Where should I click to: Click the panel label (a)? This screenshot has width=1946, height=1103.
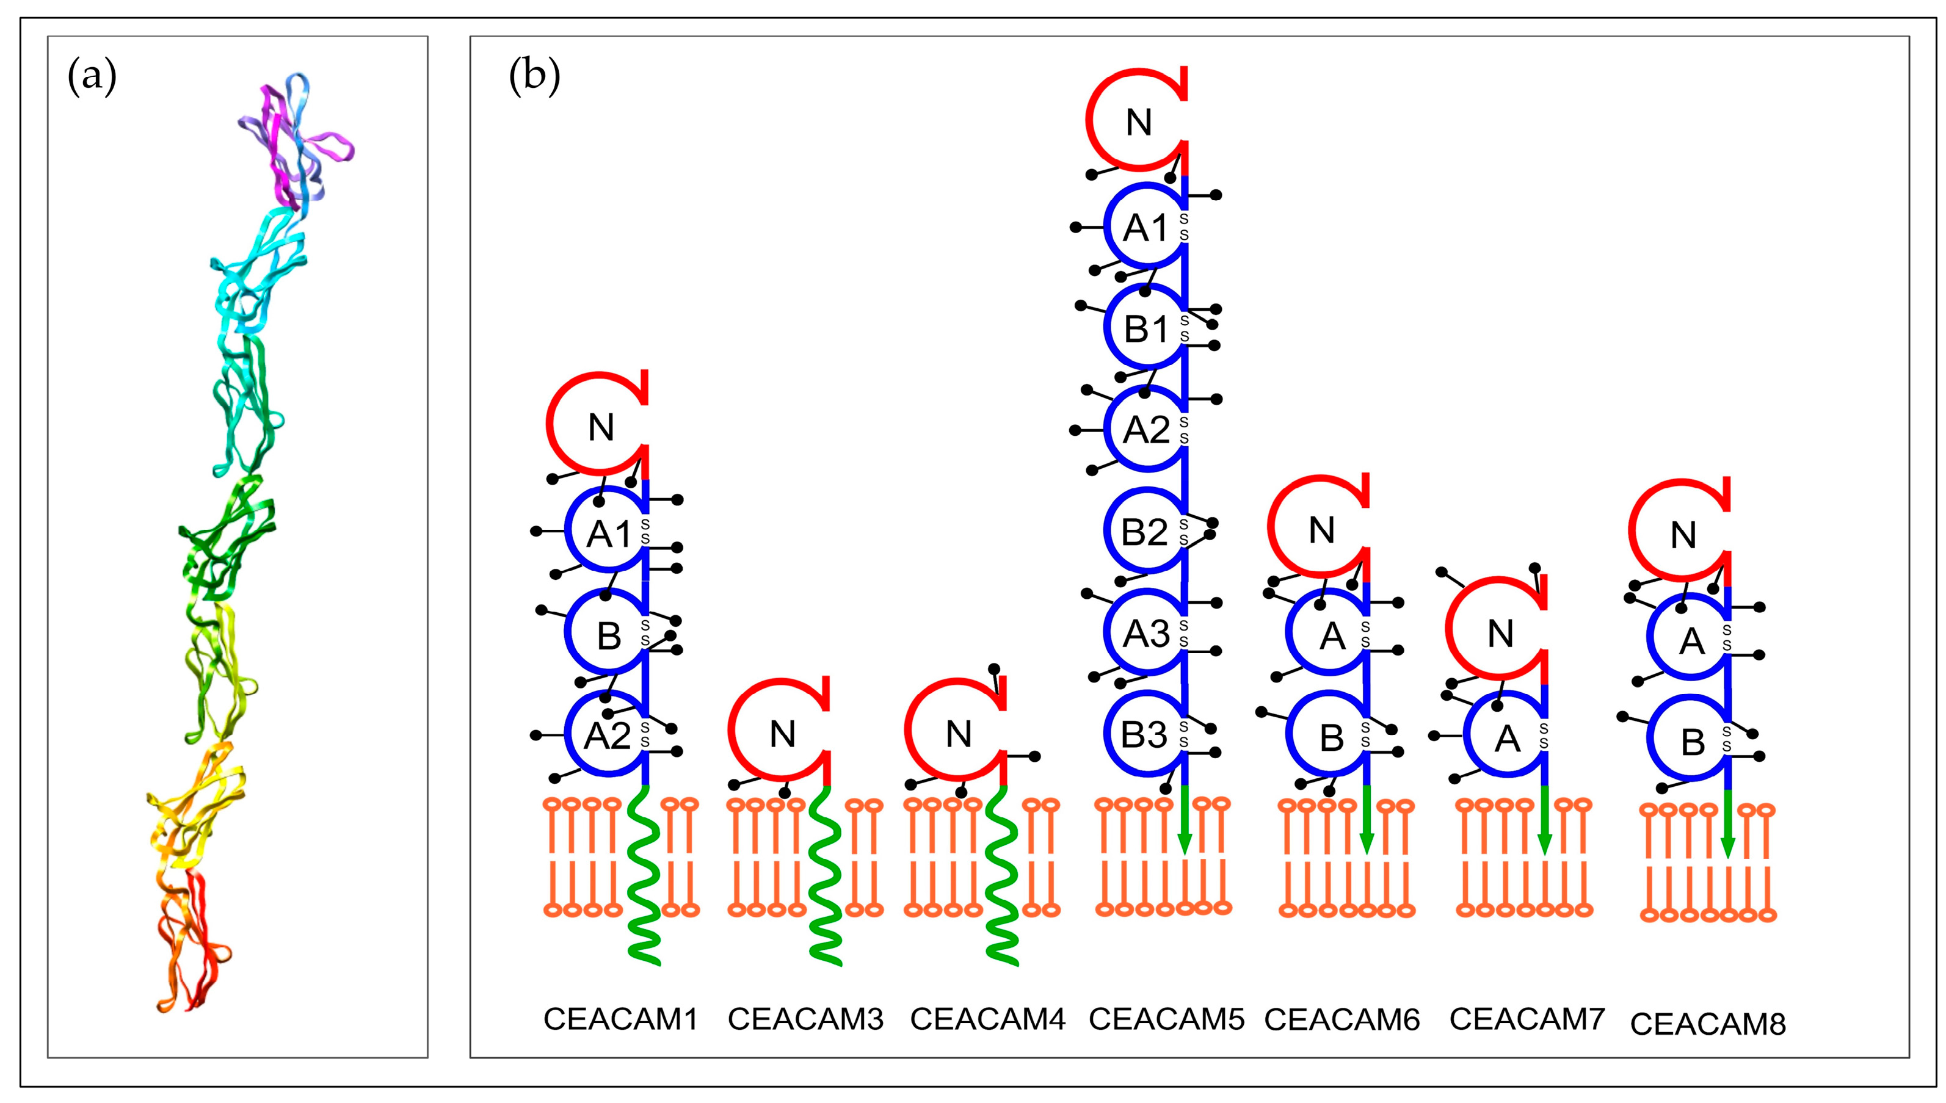[92, 79]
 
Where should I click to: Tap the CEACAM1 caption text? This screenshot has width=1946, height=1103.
[620, 1019]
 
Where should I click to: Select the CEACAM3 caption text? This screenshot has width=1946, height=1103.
[805, 1019]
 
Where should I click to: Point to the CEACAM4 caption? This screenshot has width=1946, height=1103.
[987, 1019]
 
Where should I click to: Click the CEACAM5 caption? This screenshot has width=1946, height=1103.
[1166, 1019]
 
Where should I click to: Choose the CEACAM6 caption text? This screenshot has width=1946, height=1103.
[1342, 1019]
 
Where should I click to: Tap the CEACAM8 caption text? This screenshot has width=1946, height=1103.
[1708, 1024]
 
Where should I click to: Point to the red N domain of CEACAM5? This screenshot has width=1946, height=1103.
[1137, 121]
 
